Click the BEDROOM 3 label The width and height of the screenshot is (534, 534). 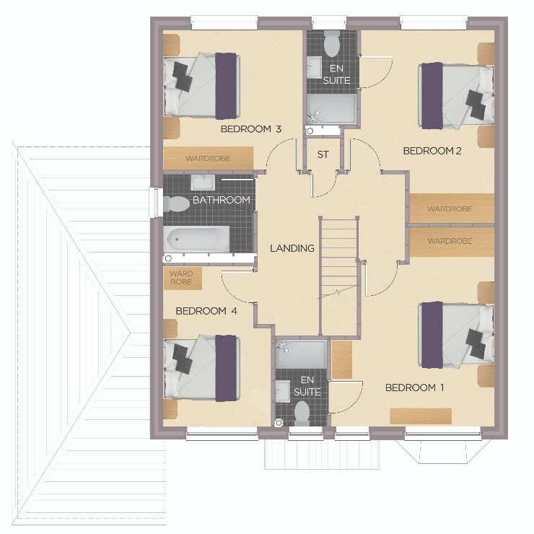pyautogui.click(x=251, y=129)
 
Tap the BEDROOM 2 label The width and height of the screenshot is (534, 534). pyautogui.click(x=432, y=151)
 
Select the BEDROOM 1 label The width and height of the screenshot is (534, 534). pyautogui.click(x=414, y=388)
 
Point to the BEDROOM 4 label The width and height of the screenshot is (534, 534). pyautogui.click(x=206, y=311)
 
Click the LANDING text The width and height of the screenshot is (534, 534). pyautogui.click(x=292, y=248)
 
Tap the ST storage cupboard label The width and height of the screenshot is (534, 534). pyautogui.click(x=323, y=154)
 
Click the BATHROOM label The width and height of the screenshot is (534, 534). pyautogui.click(x=222, y=200)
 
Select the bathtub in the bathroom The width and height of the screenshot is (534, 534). pyautogui.click(x=196, y=239)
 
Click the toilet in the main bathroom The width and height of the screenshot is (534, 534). pyautogui.click(x=176, y=204)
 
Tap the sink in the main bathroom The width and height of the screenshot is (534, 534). pyautogui.click(x=202, y=182)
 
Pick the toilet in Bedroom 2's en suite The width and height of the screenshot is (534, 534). pyautogui.click(x=331, y=43)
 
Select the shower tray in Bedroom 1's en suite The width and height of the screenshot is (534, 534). pyautogui.click(x=301, y=354)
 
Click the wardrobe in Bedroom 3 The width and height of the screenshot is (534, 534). pyautogui.click(x=208, y=158)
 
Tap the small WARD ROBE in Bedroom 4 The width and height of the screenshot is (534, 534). pyautogui.click(x=183, y=279)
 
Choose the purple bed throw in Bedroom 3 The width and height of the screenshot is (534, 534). pyautogui.click(x=226, y=86)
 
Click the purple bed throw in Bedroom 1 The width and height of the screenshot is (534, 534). pyautogui.click(x=432, y=335)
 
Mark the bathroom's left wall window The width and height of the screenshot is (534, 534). pyautogui.click(x=156, y=202)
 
